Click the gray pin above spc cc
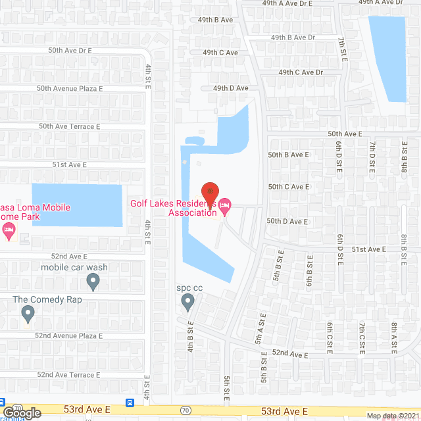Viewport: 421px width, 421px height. tap(187, 303)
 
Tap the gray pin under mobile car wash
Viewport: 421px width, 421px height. tap(93, 282)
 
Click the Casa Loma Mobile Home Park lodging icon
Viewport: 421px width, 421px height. tap(8, 229)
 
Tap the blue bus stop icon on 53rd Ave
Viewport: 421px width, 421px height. tap(130, 403)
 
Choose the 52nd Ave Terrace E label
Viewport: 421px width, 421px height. tap(68, 374)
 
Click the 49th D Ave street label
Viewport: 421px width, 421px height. tap(230, 87)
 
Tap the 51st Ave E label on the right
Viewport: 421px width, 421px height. tap(369, 249)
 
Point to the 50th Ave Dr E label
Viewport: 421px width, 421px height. tap(70, 50)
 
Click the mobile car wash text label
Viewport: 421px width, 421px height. tap(74, 267)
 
